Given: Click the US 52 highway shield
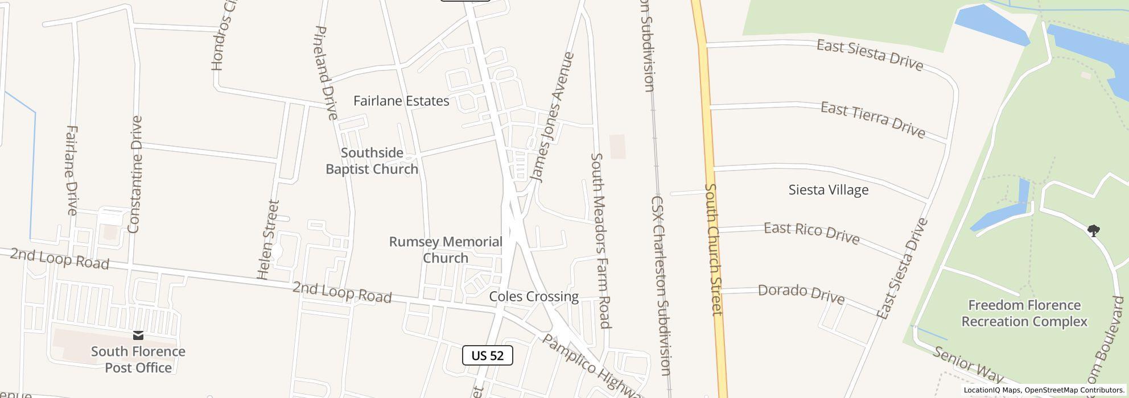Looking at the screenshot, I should (x=488, y=355).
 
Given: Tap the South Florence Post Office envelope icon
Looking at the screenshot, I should (x=138, y=335).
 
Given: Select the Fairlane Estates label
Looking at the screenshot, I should (x=401, y=101).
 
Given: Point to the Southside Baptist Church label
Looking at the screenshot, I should (x=372, y=161).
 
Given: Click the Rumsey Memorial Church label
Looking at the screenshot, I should (x=446, y=250).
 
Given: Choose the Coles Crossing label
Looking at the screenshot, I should (x=534, y=296).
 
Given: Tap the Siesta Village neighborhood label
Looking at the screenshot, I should (x=829, y=190).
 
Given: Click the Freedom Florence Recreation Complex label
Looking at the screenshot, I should (x=1024, y=313).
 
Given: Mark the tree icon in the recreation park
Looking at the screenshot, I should (x=1093, y=230).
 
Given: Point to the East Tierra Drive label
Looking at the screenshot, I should (x=873, y=120).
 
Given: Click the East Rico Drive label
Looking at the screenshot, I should (x=811, y=233).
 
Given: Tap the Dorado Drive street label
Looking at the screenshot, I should (x=801, y=293).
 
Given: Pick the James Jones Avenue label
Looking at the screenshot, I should (x=552, y=117).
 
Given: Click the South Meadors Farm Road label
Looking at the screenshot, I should (x=600, y=240).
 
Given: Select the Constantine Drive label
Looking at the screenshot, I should (x=135, y=175).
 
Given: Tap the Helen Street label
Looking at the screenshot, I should (x=268, y=239).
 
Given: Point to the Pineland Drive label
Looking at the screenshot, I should (x=325, y=73).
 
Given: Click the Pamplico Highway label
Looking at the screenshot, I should (x=592, y=366).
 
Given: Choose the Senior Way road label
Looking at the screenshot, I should (x=967, y=364).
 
